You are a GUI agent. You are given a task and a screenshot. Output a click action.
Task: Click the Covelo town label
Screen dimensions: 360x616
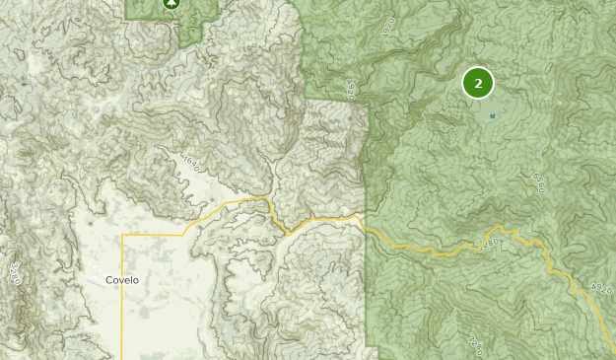pos(122,279)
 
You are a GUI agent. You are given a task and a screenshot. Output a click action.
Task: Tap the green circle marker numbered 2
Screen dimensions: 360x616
pos(478,84)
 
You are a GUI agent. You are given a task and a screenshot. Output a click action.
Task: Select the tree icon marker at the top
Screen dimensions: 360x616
pos(172,3)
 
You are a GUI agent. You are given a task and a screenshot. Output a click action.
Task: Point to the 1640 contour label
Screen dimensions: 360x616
pos(189,162)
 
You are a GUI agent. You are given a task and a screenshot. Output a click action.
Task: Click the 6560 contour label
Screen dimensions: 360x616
pos(538,182)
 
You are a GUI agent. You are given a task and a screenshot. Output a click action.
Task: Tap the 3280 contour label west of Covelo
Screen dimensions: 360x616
pos(15,272)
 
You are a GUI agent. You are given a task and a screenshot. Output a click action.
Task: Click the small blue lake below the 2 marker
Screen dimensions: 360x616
pos(492,115)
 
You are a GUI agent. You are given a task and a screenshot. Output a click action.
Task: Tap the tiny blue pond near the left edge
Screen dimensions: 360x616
pos(24,85)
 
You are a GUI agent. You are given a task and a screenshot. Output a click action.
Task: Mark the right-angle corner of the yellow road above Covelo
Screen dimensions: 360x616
pos(123,237)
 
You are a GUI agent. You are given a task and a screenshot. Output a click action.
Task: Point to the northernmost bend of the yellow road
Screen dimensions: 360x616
pos(264,198)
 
